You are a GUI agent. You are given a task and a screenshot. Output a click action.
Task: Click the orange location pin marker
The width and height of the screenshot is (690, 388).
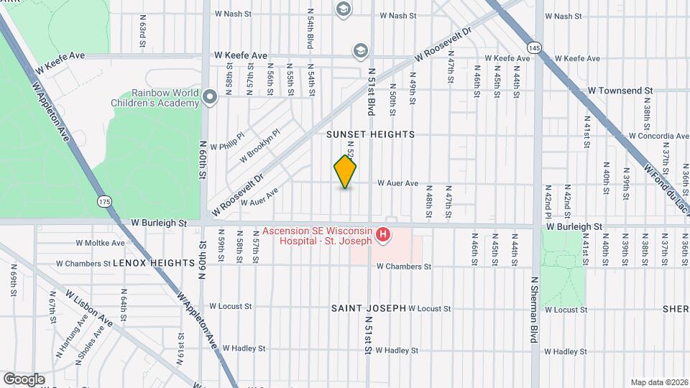click(345, 171)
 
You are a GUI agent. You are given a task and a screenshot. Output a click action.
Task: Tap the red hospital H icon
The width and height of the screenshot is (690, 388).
click(384, 235)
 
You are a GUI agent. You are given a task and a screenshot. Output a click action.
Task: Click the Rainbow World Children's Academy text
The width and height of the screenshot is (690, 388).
click(165, 98)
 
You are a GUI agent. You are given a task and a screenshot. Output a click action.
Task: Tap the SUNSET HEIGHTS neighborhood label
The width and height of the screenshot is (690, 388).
click(370, 134)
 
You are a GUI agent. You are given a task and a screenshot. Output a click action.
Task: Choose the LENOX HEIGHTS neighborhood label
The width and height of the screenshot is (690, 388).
click(155, 264)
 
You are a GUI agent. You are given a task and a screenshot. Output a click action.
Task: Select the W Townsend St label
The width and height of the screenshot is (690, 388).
click(620, 91)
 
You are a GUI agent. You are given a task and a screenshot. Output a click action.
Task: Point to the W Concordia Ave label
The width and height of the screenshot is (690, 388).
click(658, 136)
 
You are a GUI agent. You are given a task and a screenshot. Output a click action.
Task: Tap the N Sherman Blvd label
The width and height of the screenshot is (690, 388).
click(534, 310)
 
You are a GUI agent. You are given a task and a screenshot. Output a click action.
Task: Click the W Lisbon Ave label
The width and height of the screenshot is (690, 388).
click(89, 308)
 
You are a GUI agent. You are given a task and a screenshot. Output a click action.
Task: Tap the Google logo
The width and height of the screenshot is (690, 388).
click(24, 379)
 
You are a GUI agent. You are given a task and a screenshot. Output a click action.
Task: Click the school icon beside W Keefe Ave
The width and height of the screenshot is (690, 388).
click(360, 50)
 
